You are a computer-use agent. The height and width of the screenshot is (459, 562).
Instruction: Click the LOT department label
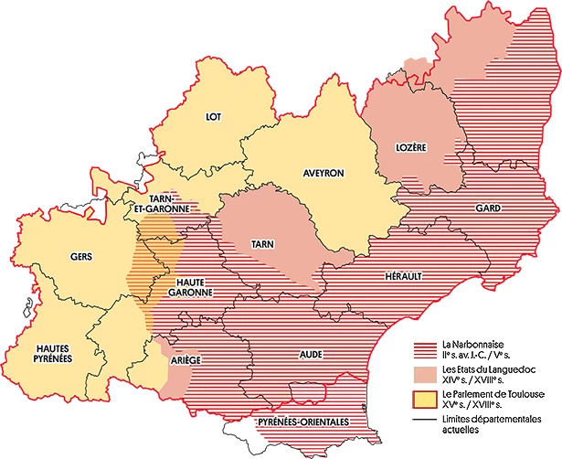coord(214,116)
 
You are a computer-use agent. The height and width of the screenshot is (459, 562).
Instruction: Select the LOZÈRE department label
coord(411,146)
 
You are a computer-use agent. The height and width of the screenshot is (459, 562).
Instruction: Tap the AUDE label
coord(311,352)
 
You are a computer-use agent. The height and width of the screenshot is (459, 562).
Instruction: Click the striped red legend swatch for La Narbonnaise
coord(425,348)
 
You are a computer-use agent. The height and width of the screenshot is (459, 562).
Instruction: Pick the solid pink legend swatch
coord(425,374)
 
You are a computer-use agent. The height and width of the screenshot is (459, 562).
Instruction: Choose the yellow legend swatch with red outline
coord(425,400)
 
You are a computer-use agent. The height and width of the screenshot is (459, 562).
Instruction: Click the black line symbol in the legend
coord(425,421)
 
